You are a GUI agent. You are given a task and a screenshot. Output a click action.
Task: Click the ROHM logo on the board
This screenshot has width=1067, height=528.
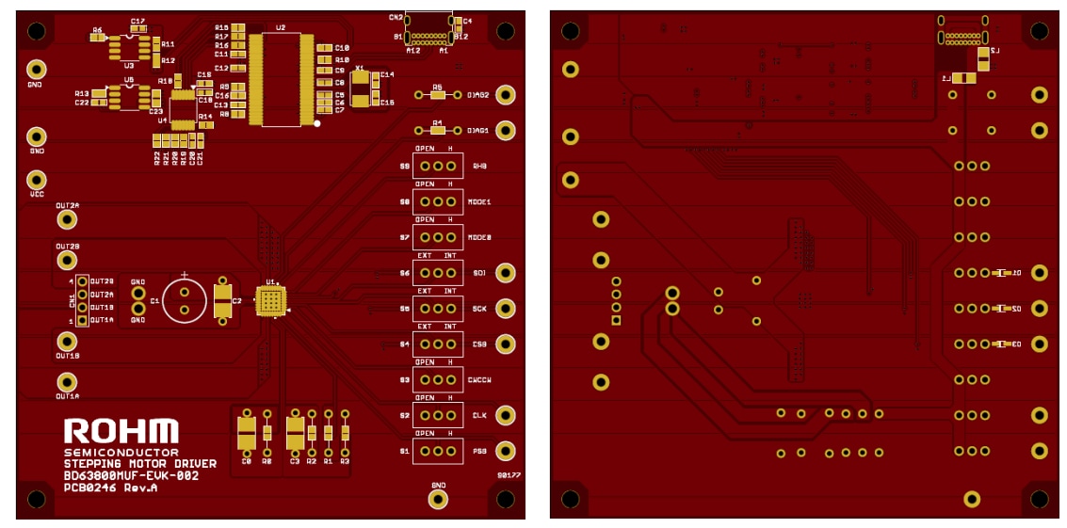click(x=121, y=431)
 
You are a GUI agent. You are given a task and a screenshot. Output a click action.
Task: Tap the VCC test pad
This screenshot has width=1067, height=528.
click(x=37, y=179)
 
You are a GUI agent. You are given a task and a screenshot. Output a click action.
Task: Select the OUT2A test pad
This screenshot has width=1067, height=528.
click(x=67, y=219)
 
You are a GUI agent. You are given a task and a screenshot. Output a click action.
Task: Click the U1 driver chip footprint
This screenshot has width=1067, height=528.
click(x=271, y=300)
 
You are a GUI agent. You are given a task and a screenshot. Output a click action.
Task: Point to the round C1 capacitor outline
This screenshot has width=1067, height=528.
click(x=185, y=300)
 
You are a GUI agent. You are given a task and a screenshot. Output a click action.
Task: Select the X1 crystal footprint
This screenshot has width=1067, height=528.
click(x=362, y=88)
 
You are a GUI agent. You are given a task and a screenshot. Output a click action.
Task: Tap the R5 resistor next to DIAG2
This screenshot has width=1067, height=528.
click(x=437, y=95)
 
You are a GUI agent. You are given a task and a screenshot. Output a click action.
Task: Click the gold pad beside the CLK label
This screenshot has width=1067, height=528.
click(x=506, y=415)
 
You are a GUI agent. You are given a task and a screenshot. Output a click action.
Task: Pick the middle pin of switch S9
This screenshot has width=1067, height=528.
click(x=438, y=167)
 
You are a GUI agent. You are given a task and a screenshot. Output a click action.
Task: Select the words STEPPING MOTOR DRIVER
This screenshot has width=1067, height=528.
click(x=139, y=464)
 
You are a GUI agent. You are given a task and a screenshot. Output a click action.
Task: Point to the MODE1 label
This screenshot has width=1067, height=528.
click(x=479, y=202)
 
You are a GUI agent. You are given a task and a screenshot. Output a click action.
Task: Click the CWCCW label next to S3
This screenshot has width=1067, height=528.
click(x=479, y=380)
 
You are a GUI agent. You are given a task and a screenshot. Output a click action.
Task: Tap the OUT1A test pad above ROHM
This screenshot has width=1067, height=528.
click(x=67, y=382)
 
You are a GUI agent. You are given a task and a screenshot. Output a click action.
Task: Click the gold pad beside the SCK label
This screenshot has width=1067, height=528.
click(x=506, y=309)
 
